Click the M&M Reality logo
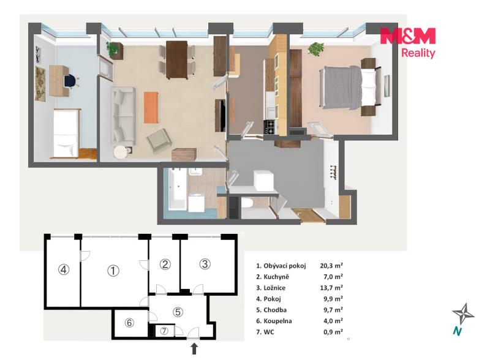point(408,43)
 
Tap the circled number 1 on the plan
point(113,271)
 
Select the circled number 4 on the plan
point(64,269)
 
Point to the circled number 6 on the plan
point(129,323)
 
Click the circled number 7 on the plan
point(164,331)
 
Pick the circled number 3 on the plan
point(205,264)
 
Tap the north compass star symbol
point(464,313)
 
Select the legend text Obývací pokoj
point(285,266)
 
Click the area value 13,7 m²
point(331,288)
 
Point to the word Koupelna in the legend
point(277,321)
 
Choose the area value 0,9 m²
point(333,332)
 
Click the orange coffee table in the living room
point(151,107)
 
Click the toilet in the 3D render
point(248,203)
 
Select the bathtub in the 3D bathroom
point(177,189)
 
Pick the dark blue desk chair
point(70,81)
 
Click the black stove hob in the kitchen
point(269,127)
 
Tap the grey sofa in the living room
point(123,116)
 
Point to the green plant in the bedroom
point(316,49)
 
